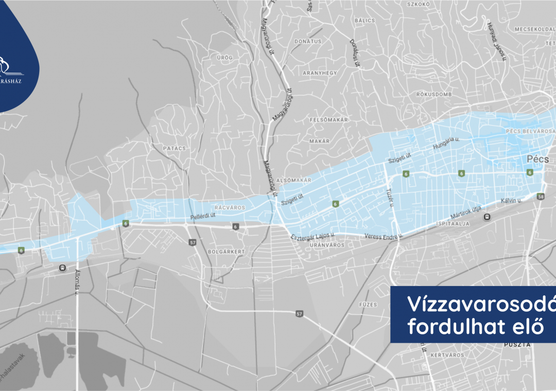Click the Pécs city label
coord(537,160)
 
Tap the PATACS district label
coord(174,148)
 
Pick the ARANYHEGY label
coord(320,73)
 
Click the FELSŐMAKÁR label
coord(329,120)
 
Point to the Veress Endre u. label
coord(383,236)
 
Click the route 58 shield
coord(540,197)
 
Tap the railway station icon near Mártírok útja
coord(486,217)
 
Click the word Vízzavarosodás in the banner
coord(481,305)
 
